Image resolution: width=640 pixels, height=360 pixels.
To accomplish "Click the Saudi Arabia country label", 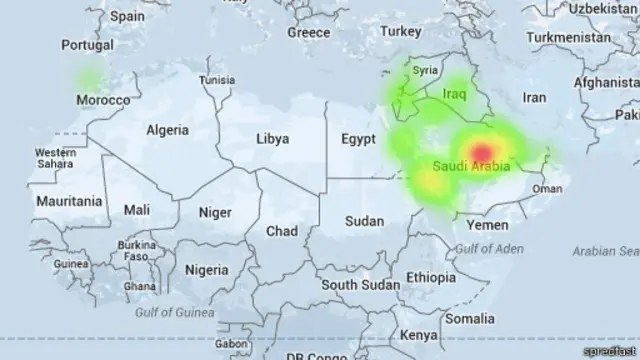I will pyautogui.click(x=472, y=165).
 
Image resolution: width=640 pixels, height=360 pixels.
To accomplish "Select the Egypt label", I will pyautogui.click(x=357, y=138).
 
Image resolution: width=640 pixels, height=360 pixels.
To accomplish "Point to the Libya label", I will pyautogui.click(x=273, y=139).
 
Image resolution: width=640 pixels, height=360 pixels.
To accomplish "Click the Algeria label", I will pyautogui.click(x=167, y=130).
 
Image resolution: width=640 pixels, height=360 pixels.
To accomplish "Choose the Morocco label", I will pyautogui.click(x=104, y=101).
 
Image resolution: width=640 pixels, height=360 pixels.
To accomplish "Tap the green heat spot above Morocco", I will pyautogui.click(x=91, y=76).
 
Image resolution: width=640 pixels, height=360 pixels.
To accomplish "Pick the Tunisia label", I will pyautogui.click(x=217, y=80).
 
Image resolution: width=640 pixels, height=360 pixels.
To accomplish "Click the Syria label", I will pyautogui.click(x=426, y=71).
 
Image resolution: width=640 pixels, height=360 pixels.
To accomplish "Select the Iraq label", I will pyautogui.click(x=455, y=94).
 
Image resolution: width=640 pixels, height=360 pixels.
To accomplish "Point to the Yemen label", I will pyautogui.click(x=488, y=225).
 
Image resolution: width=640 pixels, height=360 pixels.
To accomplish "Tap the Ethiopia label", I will pyautogui.click(x=431, y=277).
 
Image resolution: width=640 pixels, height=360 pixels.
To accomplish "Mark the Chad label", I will pyautogui.click(x=281, y=231).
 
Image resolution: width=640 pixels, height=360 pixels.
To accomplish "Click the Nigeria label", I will pyautogui.click(x=207, y=270).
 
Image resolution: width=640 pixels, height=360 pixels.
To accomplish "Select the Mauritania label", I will pyautogui.click(x=69, y=201).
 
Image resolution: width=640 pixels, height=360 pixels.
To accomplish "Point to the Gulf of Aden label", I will pyautogui.click(x=488, y=247).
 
